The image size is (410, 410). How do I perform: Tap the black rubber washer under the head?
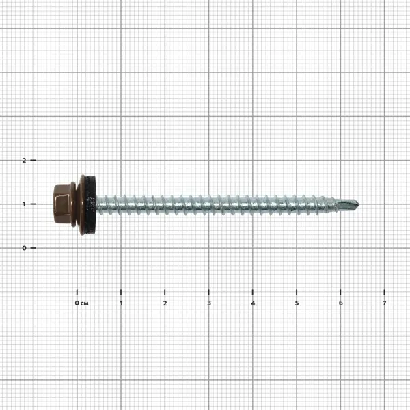90,204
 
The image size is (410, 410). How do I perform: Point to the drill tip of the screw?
359,204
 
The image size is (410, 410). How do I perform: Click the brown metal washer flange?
81,204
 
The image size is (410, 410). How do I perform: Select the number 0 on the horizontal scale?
77,303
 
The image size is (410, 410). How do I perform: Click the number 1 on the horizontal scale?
121,303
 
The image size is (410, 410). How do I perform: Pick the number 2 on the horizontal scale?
165,303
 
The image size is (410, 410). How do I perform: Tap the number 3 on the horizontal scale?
209,303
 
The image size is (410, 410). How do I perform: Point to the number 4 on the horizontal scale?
253,303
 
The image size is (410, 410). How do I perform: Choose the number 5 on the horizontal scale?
297,303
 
